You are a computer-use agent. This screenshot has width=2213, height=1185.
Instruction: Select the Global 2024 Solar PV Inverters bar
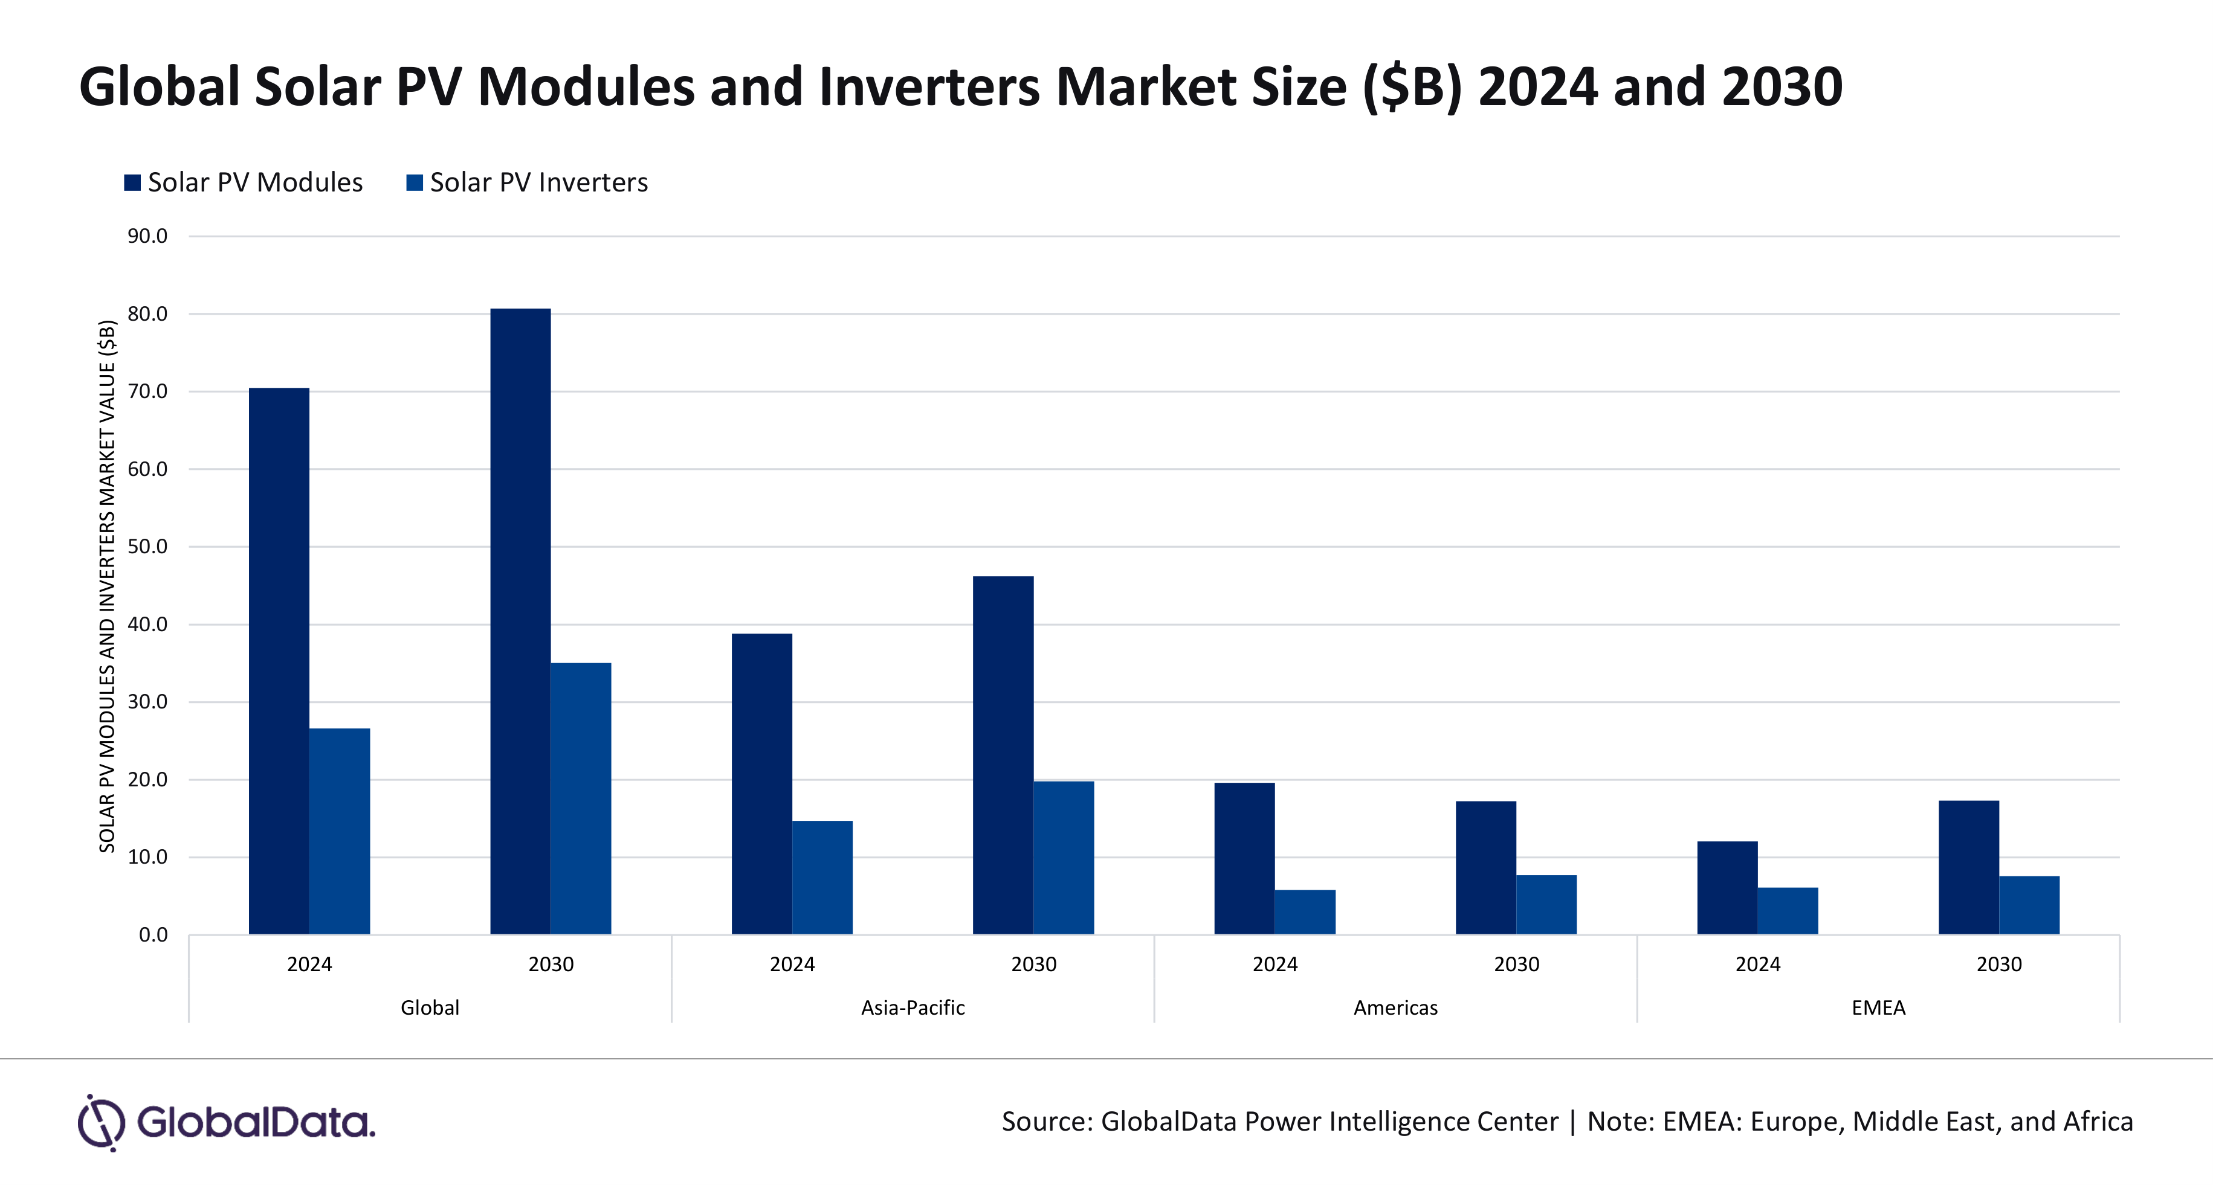click(x=340, y=831)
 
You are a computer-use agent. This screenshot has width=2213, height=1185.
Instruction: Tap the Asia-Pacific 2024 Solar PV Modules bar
click(x=761, y=783)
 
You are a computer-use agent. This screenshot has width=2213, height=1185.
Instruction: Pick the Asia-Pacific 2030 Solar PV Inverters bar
click(x=1064, y=857)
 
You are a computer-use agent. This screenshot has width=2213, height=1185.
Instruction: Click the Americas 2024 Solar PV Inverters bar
click(x=1305, y=912)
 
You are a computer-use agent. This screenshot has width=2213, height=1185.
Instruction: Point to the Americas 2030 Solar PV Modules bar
click(x=1485, y=867)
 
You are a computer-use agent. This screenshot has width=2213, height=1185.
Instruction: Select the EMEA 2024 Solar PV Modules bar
click(x=1727, y=887)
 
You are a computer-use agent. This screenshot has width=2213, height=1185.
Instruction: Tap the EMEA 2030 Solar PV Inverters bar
click(x=2029, y=905)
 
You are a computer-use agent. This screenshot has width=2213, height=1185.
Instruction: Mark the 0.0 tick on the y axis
click(x=153, y=934)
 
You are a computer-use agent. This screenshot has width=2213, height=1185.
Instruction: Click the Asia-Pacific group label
click(x=913, y=1007)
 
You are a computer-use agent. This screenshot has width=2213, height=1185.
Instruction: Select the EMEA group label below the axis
click(x=1878, y=1007)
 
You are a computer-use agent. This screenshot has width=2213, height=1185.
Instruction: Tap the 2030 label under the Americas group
click(x=1516, y=965)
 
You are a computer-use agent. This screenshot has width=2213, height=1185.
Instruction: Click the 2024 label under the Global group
click(x=309, y=965)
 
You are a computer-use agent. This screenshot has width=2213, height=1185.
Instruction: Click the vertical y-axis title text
click(x=108, y=586)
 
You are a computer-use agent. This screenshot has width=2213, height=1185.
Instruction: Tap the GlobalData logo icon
click(x=102, y=1122)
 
